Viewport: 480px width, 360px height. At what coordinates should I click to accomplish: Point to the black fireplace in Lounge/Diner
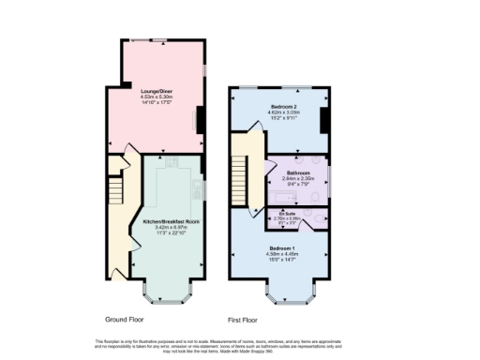pyautogui.click(x=198, y=120)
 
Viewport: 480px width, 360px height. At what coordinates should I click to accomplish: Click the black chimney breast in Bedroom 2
pyautogui.click(x=324, y=120)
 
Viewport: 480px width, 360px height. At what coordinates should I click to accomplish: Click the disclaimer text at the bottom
pyautogui.click(x=240, y=344)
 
